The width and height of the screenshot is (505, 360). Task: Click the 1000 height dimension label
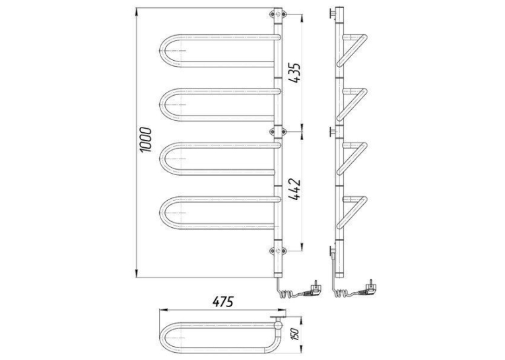pos(146,140)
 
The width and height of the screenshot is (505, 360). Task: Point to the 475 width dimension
pos(222,302)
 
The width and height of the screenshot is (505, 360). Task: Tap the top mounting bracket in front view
pos(278,14)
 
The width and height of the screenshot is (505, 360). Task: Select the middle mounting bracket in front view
pos(278,132)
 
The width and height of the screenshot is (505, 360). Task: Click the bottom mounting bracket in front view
pos(278,251)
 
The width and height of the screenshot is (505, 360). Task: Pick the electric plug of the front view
pos(312,289)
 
